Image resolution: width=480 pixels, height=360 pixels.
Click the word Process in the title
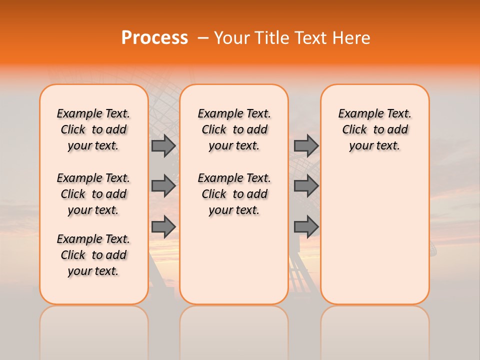(x=154, y=38)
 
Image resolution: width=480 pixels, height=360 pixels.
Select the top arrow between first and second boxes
(x=163, y=146)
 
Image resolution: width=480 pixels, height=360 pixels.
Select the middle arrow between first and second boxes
(x=163, y=186)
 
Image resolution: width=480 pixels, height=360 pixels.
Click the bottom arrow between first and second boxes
(x=163, y=226)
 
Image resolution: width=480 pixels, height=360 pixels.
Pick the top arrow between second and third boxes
(x=306, y=146)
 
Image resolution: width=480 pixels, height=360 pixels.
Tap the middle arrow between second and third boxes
(x=306, y=186)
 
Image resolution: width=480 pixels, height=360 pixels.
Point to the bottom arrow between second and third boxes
(x=306, y=226)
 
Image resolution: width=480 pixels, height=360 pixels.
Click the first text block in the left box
(x=93, y=129)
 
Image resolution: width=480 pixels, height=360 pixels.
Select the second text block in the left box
(x=93, y=194)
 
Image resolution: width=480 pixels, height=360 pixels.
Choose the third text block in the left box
(x=93, y=255)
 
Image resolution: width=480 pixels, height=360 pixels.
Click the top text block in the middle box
(x=234, y=129)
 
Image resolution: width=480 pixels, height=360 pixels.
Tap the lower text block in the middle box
(x=234, y=194)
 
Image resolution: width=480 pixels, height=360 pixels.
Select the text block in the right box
(x=375, y=129)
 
